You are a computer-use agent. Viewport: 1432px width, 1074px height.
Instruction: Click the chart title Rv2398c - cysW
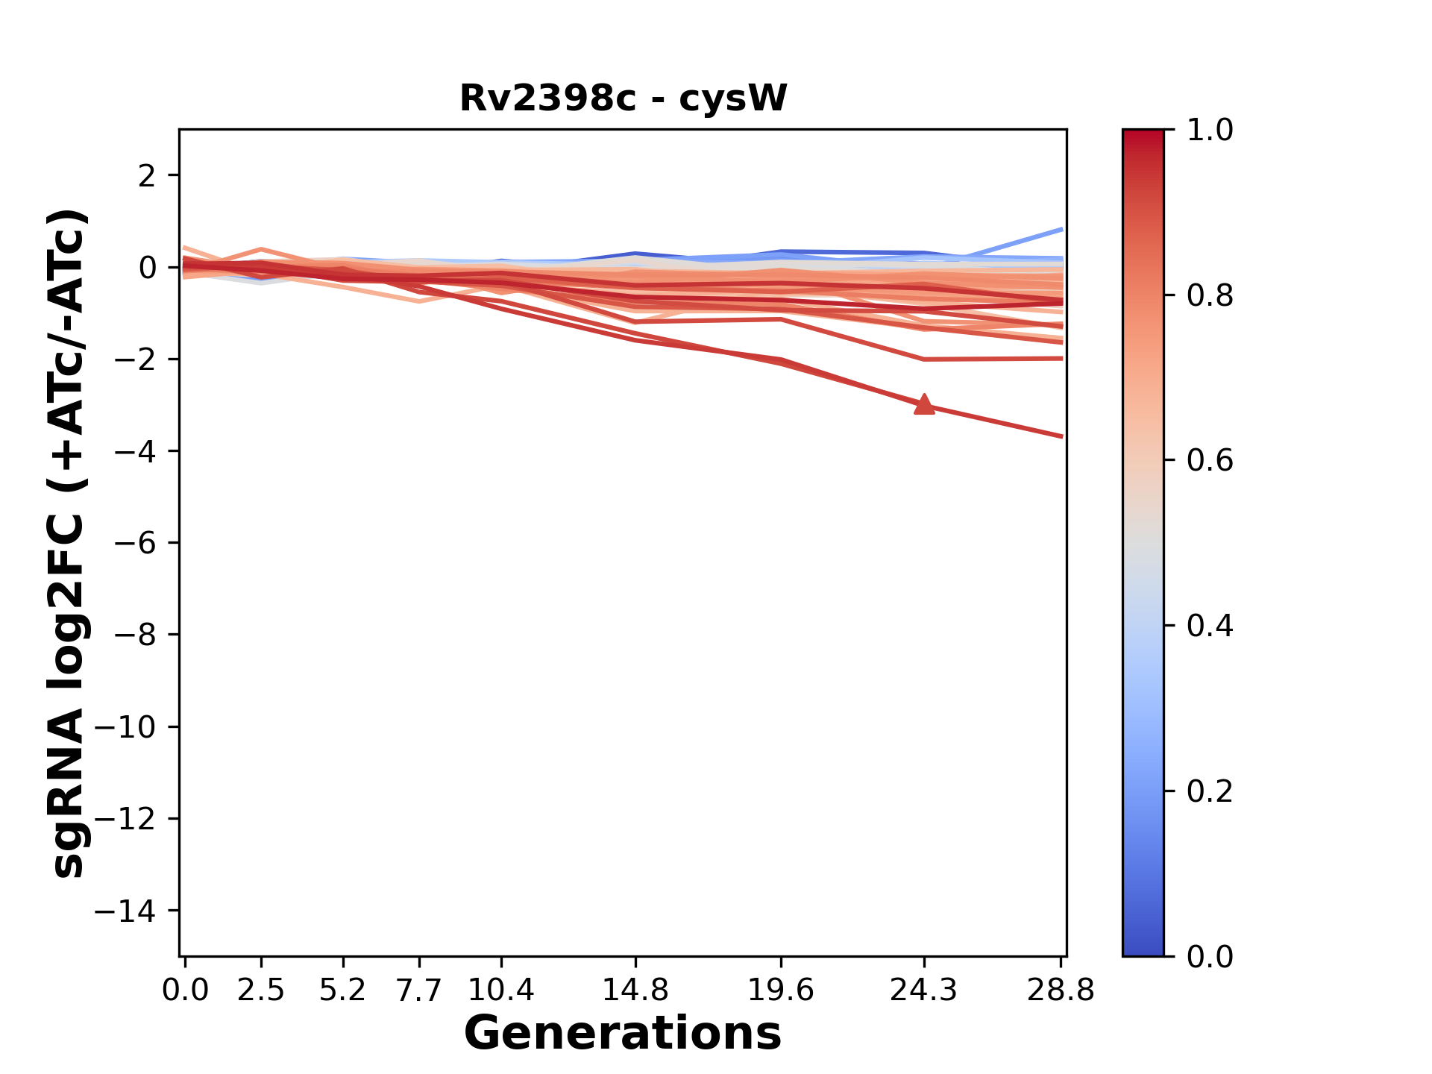coord(623,98)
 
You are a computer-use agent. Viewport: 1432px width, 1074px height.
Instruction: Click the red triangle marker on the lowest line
coord(924,404)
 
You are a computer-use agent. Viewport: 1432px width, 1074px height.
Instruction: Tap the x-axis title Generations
coord(623,1034)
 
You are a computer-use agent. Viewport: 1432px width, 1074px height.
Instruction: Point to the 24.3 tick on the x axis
coord(924,990)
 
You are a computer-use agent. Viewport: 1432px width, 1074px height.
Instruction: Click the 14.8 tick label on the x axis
coord(635,990)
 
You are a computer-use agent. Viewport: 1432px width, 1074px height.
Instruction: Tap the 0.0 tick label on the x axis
coord(185,990)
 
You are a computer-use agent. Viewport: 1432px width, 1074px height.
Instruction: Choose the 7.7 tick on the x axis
coord(419,990)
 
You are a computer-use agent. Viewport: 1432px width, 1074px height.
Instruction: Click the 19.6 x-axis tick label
coord(780,990)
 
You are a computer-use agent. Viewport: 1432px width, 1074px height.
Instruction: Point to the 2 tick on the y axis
coord(148,175)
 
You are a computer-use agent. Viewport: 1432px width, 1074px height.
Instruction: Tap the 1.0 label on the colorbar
coord(1210,131)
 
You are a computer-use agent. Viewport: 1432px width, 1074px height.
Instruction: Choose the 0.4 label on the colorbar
coord(1210,626)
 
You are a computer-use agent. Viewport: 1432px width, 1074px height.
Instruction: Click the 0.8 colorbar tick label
coord(1210,296)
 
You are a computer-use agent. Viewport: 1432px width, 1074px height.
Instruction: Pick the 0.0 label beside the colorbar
coord(1210,956)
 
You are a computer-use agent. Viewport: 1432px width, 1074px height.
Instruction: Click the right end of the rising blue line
coord(1061,230)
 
